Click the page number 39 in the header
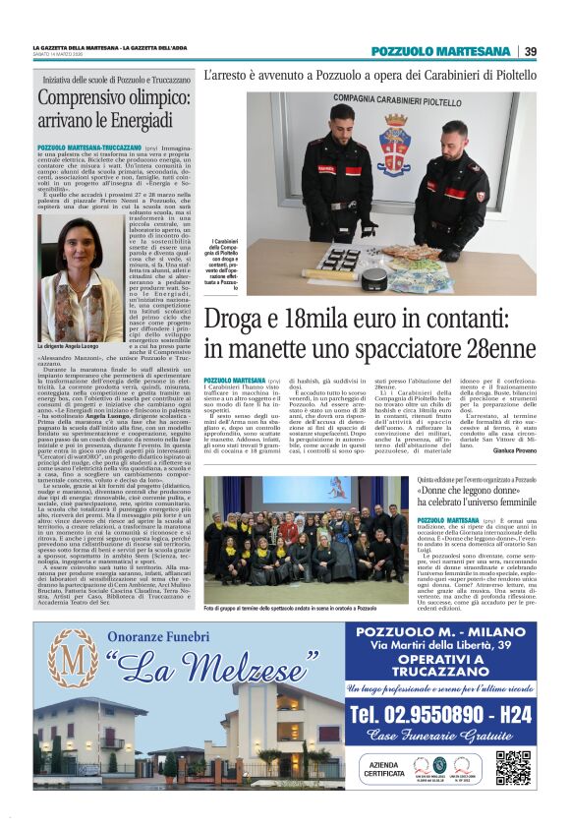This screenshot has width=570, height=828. click(531, 51)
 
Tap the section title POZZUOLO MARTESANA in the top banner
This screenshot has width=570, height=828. click(441, 51)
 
